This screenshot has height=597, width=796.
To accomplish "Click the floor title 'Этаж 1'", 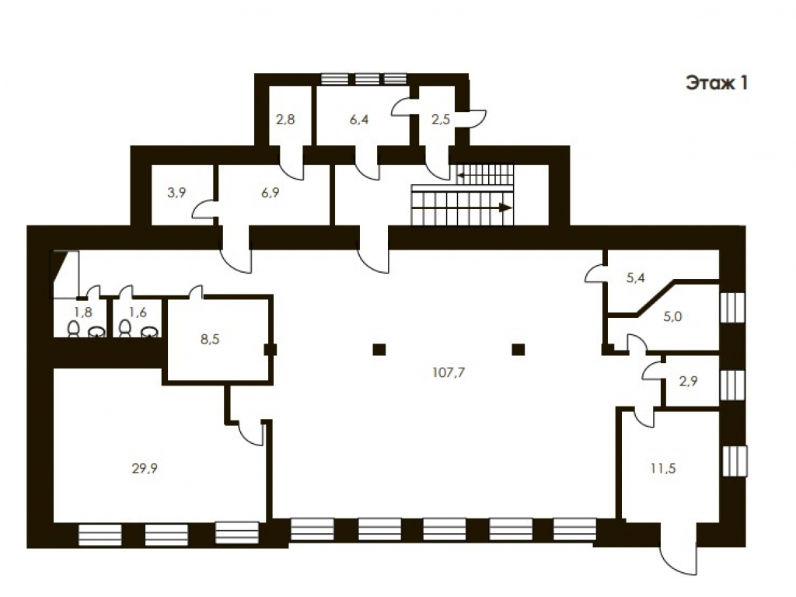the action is pyautogui.click(x=717, y=82).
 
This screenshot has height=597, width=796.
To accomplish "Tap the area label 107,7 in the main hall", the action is pyautogui.click(x=449, y=372).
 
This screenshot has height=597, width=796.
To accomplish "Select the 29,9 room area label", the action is pyautogui.click(x=145, y=469).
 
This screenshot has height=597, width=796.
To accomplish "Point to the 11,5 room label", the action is pyautogui.click(x=663, y=469).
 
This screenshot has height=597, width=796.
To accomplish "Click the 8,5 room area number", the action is pyautogui.click(x=210, y=339).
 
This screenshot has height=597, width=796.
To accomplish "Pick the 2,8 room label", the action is pyautogui.click(x=285, y=119).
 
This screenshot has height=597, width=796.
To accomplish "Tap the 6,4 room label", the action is pyautogui.click(x=359, y=119).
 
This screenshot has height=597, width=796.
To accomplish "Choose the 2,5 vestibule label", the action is pyautogui.click(x=441, y=119).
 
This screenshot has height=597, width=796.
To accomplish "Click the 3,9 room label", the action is pyautogui.click(x=176, y=193).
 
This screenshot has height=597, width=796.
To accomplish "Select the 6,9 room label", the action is pyautogui.click(x=270, y=193).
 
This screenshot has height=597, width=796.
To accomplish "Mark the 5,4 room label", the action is pyautogui.click(x=636, y=278).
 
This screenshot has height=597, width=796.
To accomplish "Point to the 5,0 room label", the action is pyautogui.click(x=672, y=317).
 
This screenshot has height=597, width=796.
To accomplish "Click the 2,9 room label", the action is pyautogui.click(x=689, y=381).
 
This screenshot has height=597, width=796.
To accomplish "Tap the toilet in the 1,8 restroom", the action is pyautogui.click(x=74, y=329).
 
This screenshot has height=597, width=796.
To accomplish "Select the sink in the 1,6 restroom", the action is pyautogui.click(x=149, y=331).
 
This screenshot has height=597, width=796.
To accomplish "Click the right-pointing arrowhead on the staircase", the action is pyautogui.click(x=504, y=207).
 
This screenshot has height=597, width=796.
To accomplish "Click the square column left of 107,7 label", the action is pyautogui.click(x=379, y=349).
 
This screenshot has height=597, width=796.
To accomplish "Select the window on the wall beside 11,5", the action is pyautogui.click(x=734, y=461).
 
